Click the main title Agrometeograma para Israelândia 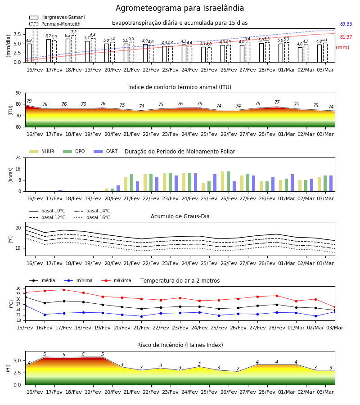coord(180,8)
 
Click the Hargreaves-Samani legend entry coord(57,17)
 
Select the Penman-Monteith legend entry coord(55,24)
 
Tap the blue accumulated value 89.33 coord(346,24)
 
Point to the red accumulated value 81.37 coord(346,37)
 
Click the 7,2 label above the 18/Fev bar coord(74,32)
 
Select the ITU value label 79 coord(29,101)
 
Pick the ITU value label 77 coord(277,102)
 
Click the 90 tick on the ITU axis coord(18,93)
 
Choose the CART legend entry coord(106,151)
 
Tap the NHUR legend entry coord(42,151)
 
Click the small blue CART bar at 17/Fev coord(60,191)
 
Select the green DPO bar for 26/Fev coord(229,181)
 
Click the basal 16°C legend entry coord(92,217)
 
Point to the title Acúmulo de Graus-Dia coord(180,216)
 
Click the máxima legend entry coord(116,280)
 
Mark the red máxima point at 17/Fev coord(64,290)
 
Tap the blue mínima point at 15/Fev coord(25,306)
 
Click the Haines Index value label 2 coord(238,369)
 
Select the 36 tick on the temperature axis coord(18,288)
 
